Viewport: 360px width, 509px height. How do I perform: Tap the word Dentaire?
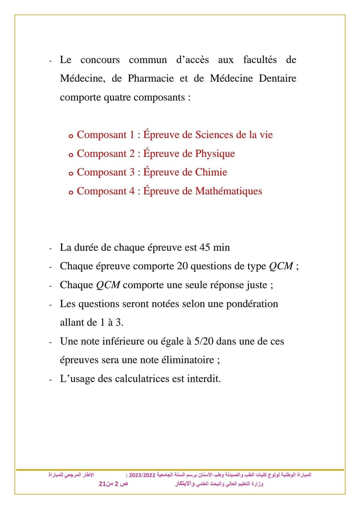[x=277, y=79]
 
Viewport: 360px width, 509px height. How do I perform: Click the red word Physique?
[x=215, y=154]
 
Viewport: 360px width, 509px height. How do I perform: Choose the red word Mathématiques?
[x=229, y=191]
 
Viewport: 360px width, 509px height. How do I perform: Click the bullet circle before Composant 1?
[x=71, y=136]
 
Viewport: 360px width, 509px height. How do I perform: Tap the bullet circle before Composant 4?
[x=71, y=192]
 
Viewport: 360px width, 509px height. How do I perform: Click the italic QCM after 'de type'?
[x=281, y=267]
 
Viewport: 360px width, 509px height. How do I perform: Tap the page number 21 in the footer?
[x=102, y=484]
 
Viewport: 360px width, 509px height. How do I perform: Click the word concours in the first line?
[x=100, y=60]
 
